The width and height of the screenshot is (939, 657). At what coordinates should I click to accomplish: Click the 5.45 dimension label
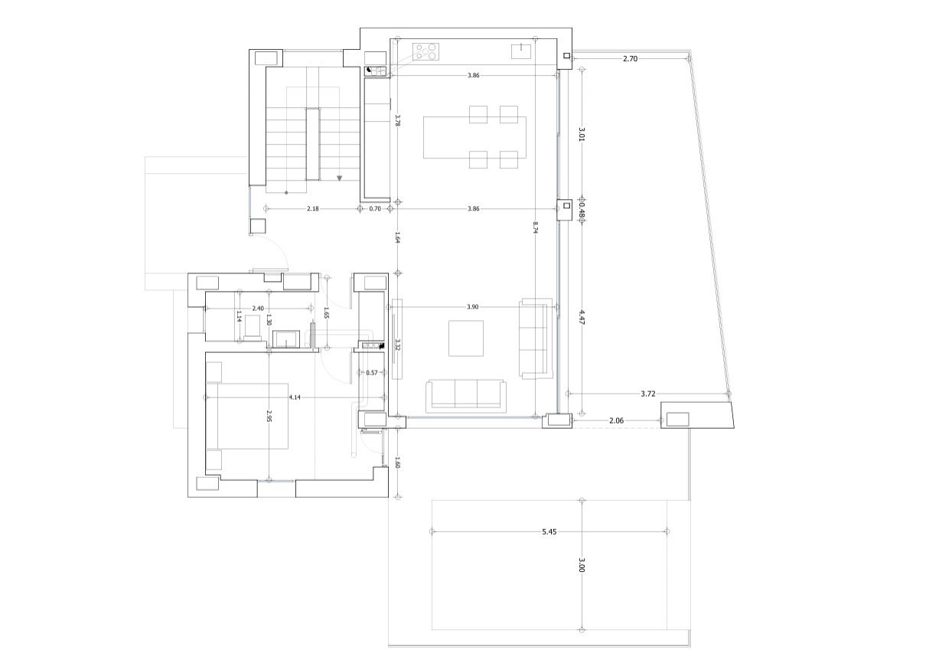coord(548,531)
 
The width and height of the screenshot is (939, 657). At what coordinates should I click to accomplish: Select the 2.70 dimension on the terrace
coord(630,58)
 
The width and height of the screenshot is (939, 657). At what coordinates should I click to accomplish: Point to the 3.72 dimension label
coord(648,394)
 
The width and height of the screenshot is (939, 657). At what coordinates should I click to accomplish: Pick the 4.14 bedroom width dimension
coord(295,397)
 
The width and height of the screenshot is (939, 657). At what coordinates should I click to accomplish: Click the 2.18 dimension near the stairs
coord(313,208)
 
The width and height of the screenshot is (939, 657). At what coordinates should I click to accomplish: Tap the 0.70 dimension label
coord(375,208)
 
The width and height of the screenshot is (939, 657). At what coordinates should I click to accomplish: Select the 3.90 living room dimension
coord(472,307)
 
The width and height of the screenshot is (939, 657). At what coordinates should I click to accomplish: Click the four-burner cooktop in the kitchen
coord(428,52)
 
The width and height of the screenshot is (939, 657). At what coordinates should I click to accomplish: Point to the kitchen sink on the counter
coord(521,51)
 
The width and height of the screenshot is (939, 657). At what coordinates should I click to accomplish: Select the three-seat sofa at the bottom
coord(466,394)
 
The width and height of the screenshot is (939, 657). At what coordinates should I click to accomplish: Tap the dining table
coord(474,137)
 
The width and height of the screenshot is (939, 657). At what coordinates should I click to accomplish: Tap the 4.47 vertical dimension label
coord(582,318)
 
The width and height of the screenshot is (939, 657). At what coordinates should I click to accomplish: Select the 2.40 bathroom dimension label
coord(258,309)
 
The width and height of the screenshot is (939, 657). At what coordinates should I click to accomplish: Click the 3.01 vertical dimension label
coord(582,135)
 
